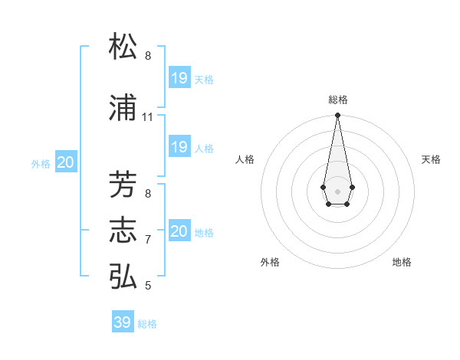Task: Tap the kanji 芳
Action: tap(123, 185)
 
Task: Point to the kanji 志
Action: tap(123, 231)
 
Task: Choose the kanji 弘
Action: tap(123, 277)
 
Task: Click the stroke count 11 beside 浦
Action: tap(148, 117)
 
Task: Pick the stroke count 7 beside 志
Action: tap(148, 240)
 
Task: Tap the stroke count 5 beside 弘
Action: tap(148, 286)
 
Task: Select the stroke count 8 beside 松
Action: tap(148, 56)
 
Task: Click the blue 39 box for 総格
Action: tap(123, 322)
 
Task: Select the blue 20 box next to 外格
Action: tap(66, 162)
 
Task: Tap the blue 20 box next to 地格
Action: tap(179, 231)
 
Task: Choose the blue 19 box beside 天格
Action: tap(179, 78)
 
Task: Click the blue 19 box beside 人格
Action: tap(179, 147)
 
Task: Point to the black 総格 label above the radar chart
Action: tap(338, 100)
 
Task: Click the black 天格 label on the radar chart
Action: tap(432, 159)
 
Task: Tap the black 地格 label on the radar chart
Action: tap(402, 262)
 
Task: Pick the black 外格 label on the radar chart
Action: tap(270, 262)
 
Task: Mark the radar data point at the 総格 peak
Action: tap(337, 116)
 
